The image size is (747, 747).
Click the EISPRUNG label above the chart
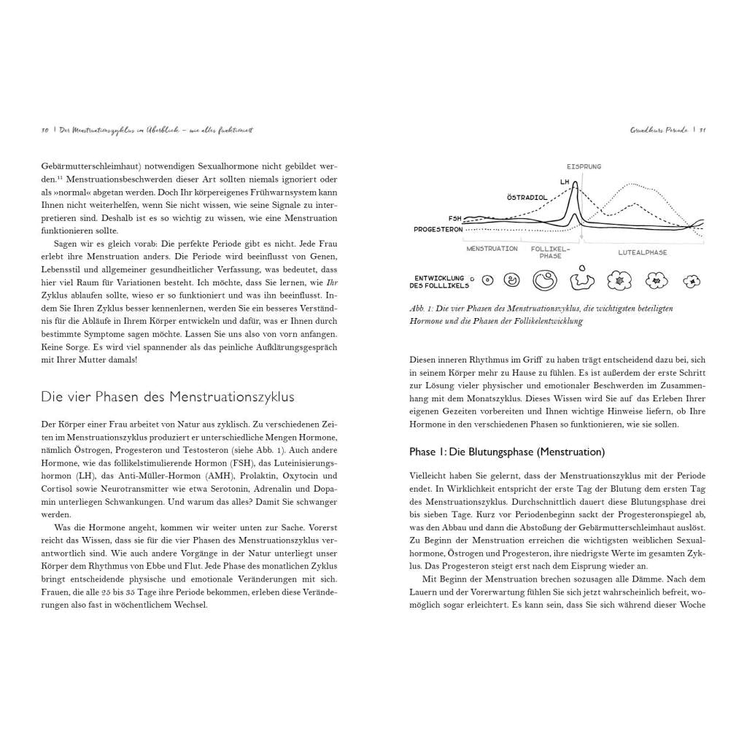click(x=584, y=166)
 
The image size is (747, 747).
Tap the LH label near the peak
click(x=564, y=182)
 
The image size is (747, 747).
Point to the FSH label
click(x=454, y=218)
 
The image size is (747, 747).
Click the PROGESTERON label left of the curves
click(x=438, y=229)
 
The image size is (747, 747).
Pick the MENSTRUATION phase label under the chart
click(x=492, y=249)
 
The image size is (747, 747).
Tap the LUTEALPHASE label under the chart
click(x=642, y=252)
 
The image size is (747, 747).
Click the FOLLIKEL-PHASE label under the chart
click(x=546, y=252)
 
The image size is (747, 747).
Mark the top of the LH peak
click(x=576, y=182)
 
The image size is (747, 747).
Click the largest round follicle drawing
click(x=544, y=279)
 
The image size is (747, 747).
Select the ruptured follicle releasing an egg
click(x=581, y=278)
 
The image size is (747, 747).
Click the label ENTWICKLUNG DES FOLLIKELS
click(x=440, y=281)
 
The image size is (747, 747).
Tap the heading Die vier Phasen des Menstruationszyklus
click(x=168, y=397)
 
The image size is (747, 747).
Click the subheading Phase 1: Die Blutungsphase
click(x=507, y=452)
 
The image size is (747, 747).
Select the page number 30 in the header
click(x=44, y=131)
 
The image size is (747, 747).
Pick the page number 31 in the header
click(x=702, y=131)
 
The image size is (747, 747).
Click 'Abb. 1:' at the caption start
click(x=422, y=309)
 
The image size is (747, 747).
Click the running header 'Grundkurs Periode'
click(x=659, y=131)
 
